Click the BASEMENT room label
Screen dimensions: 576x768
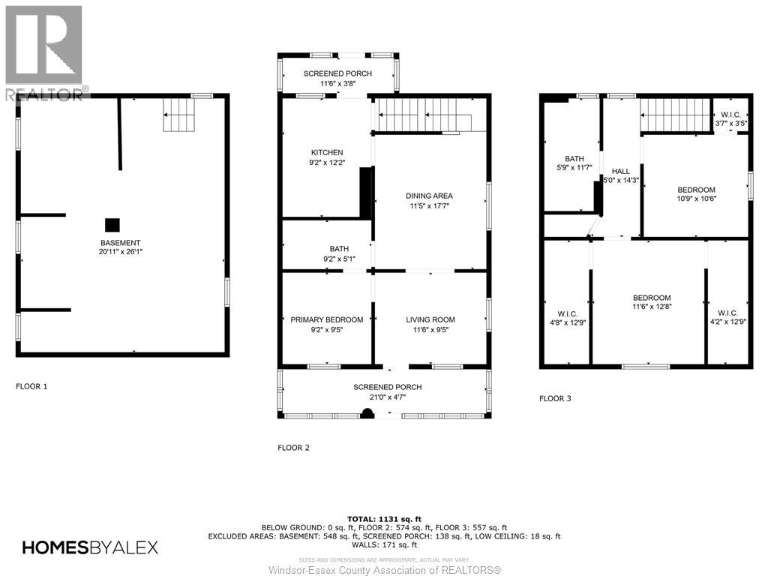click(x=121, y=242)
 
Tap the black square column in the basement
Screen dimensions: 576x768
click(x=112, y=224)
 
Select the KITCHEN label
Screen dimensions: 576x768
click(x=327, y=152)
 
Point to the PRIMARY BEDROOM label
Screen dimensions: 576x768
click(x=327, y=319)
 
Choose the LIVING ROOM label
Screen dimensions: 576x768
click(x=430, y=319)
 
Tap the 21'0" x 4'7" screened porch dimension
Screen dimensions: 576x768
click(x=388, y=397)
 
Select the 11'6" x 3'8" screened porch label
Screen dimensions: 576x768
click(x=337, y=83)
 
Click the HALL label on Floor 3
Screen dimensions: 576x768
click(x=620, y=171)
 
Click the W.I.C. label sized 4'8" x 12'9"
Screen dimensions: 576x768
click(x=567, y=313)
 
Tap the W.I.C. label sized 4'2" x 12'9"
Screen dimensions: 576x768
click(x=727, y=313)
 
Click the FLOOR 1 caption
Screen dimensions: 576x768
click(x=31, y=386)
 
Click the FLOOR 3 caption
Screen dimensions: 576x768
click(x=555, y=398)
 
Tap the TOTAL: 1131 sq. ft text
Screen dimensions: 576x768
click(x=384, y=519)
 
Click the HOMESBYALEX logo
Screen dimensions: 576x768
click(x=90, y=547)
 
